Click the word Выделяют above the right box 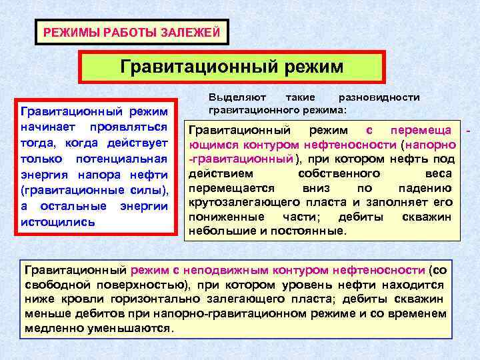tap(235, 97)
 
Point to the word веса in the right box tap(438, 173)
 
